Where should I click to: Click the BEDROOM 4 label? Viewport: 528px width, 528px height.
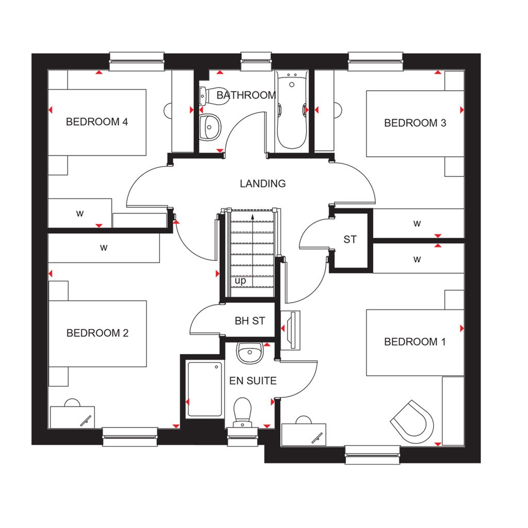(97, 122)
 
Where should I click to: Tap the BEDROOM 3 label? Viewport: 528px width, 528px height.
(415, 123)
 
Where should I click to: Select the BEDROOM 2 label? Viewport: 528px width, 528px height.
(97, 333)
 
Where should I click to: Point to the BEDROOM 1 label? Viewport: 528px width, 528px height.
(415, 342)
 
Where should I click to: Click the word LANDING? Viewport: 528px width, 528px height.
(262, 184)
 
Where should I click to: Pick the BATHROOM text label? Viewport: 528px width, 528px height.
(246, 95)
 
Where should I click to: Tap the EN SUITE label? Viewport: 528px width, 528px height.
(253, 381)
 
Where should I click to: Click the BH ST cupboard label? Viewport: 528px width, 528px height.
(250, 321)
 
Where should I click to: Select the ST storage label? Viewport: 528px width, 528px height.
(350, 240)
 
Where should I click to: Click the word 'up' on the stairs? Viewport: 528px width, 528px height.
(240, 281)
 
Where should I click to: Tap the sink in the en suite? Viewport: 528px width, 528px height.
(250, 353)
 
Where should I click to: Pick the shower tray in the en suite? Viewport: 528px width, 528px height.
(205, 389)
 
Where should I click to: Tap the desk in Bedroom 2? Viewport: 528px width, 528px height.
(72, 416)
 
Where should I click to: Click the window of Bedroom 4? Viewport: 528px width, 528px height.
(137, 60)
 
